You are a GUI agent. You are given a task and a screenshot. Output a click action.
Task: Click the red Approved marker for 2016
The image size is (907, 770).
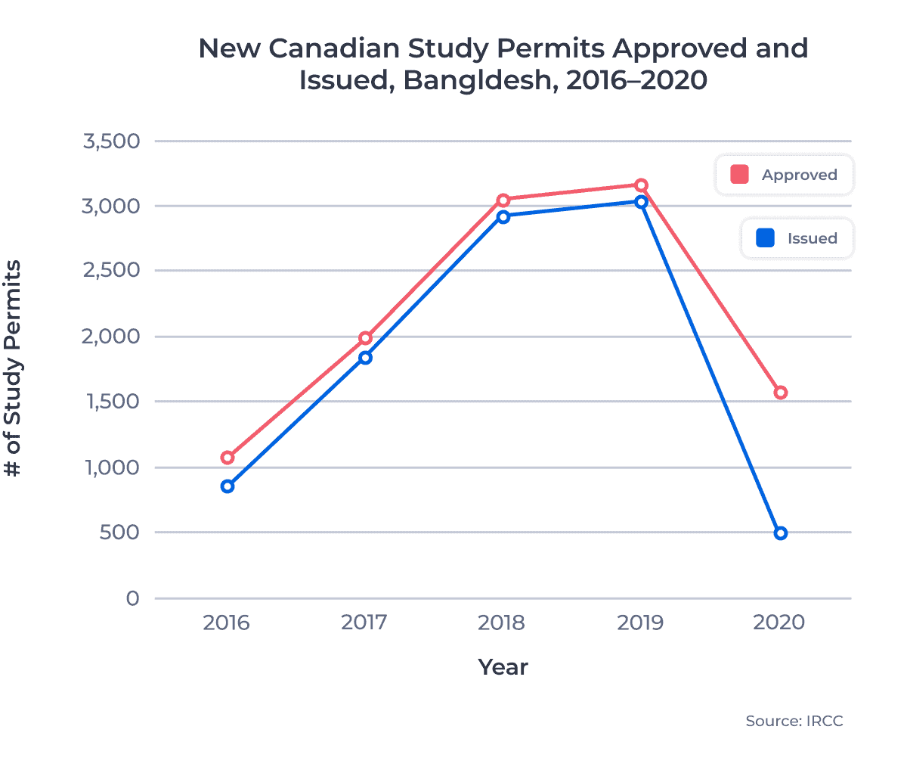(x=228, y=458)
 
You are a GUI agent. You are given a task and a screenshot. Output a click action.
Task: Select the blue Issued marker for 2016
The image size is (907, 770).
(x=228, y=486)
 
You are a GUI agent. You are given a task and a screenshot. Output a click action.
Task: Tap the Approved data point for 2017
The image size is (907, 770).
(x=366, y=338)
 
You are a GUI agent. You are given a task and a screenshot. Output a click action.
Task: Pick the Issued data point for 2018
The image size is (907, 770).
(x=503, y=217)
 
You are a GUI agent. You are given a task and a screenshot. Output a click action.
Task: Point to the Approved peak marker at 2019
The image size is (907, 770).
(x=641, y=185)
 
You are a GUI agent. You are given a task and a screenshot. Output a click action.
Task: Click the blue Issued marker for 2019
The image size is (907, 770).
(x=641, y=202)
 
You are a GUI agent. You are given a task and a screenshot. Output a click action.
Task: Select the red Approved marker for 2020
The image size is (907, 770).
(x=781, y=393)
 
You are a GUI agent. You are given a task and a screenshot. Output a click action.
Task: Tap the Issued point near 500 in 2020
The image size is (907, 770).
(x=781, y=533)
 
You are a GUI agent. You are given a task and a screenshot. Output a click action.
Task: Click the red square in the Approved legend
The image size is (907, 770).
(x=739, y=175)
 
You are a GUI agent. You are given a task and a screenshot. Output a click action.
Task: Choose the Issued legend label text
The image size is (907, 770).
(x=812, y=238)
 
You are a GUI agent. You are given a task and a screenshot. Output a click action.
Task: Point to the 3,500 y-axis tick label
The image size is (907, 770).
(x=112, y=141)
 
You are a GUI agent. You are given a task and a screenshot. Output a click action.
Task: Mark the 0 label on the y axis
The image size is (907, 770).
(x=133, y=598)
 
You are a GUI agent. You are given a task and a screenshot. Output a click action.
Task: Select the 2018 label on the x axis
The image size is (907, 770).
(x=502, y=623)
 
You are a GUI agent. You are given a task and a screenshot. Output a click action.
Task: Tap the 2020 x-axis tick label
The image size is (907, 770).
(x=779, y=623)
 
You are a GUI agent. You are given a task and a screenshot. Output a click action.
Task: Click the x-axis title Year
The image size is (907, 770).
(x=503, y=667)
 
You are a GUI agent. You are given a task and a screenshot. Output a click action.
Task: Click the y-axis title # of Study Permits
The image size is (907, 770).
(x=13, y=368)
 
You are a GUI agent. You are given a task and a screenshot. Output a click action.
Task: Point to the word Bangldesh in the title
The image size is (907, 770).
(x=476, y=80)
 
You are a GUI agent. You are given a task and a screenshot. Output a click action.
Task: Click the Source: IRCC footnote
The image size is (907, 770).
(x=794, y=721)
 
